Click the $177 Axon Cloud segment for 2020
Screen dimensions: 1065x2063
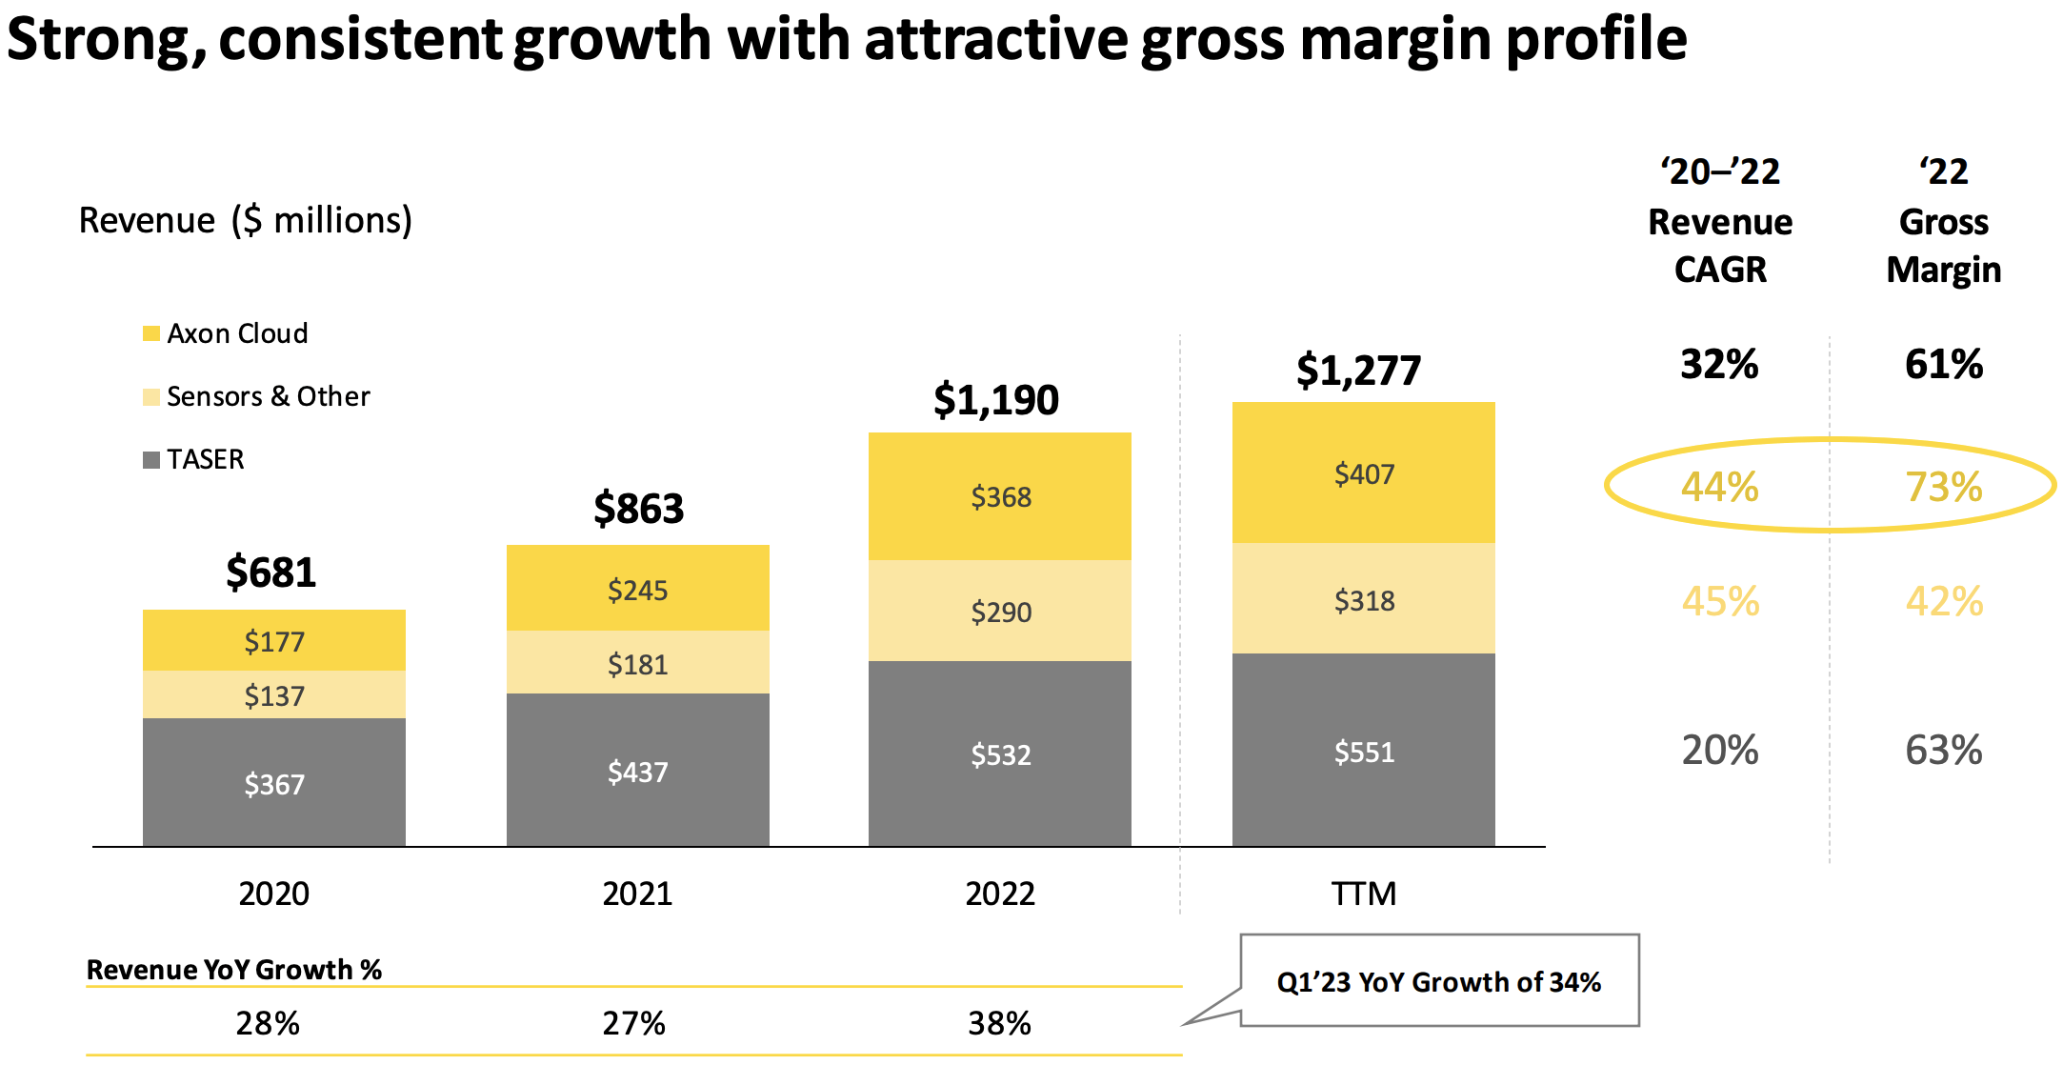[274, 641]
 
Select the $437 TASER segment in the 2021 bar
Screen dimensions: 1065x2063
[637, 771]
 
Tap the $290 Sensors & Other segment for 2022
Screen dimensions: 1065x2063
[1000, 612]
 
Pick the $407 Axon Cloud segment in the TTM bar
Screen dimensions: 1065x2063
[1364, 473]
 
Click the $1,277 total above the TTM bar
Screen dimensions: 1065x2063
[1358, 370]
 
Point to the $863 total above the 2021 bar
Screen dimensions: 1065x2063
[638, 508]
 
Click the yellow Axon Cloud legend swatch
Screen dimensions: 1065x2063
[151, 333]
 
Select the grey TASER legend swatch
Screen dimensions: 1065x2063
[151, 460]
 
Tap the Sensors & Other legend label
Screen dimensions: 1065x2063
[268, 396]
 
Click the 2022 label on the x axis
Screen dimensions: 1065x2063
[1000, 894]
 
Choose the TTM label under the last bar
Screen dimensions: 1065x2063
[1364, 894]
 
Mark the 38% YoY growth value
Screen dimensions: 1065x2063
[999, 1023]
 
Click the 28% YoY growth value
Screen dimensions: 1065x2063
[268, 1023]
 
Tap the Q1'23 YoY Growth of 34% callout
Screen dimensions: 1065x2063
[1438, 981]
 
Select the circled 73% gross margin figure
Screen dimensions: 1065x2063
[1943, 487]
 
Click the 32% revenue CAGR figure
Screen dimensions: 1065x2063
[1719, 364]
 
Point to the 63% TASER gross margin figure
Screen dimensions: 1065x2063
[1943, 750]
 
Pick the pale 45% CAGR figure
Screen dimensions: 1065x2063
[1720, 601]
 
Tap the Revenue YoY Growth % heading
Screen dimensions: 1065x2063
[234, 970]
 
